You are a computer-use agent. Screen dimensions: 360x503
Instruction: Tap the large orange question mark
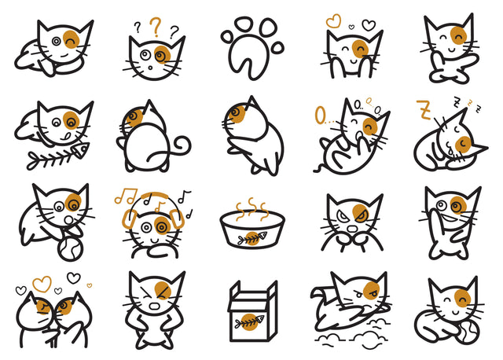point(156,29)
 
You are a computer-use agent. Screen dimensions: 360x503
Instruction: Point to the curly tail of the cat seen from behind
point(182,146)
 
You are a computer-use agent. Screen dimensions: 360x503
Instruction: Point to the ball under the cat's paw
point(68,249)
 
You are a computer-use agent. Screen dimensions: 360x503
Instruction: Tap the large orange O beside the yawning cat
point(321,116)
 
